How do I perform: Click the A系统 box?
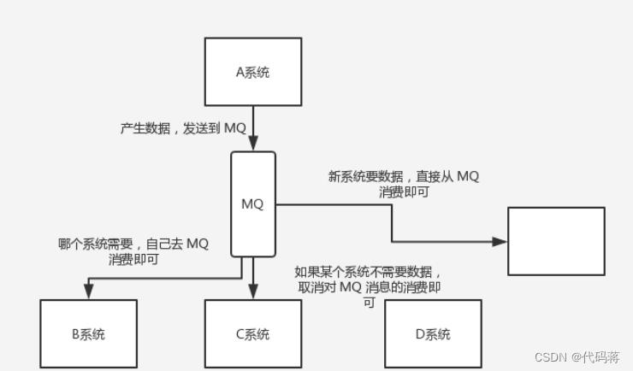252,72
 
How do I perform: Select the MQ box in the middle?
252,204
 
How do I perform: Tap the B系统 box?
88,333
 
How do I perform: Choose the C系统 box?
252,333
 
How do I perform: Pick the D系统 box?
432,333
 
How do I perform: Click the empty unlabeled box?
556,241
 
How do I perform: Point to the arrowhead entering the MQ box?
252,146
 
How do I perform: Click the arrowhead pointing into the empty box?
500,242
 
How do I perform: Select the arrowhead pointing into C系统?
252,293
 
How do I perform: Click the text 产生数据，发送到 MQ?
183,128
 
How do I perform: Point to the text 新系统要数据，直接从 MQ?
404,177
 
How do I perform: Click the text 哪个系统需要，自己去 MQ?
133,244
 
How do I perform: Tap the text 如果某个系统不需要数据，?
369,271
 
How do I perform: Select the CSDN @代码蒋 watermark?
577,356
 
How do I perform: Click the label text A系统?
252,72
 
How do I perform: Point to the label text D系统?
432,334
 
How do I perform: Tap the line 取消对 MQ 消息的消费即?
369,287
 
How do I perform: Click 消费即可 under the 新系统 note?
404,193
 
